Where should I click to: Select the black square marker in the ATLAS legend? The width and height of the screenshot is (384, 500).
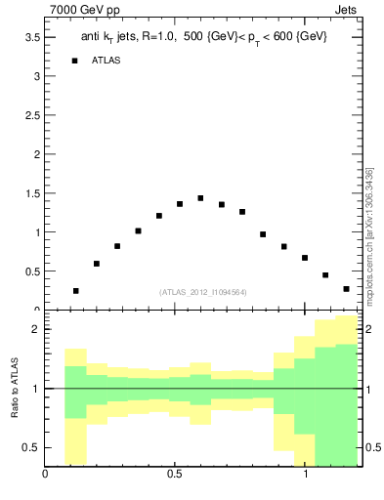[x=74, y=61]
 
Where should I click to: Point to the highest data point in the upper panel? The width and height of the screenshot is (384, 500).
[x=200, y=198]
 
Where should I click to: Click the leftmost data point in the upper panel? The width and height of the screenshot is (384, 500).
[x=75, y=291]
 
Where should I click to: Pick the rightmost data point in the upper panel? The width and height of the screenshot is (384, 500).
[x=346, y=289]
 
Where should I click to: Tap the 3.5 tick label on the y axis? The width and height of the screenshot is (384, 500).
[x=31, y=37]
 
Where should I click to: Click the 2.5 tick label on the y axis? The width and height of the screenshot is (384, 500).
[x=31, y=115]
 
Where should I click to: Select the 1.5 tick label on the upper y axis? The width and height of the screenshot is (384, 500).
[x=31, y=193]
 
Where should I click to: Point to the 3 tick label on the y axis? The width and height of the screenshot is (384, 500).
[x=36, y=76]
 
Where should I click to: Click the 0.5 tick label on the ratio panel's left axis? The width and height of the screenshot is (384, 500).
[x=31, y=447]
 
